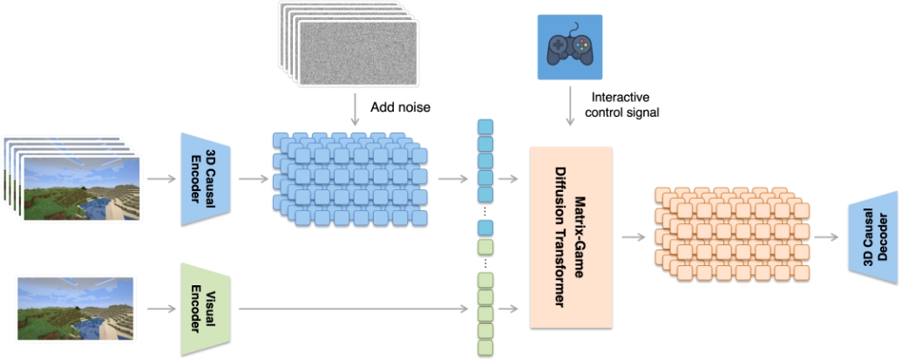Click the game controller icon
tap(569, 44)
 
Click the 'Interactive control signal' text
tap(625, 105)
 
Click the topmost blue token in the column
tap(485, 127)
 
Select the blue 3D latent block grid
tap(349, 179)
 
